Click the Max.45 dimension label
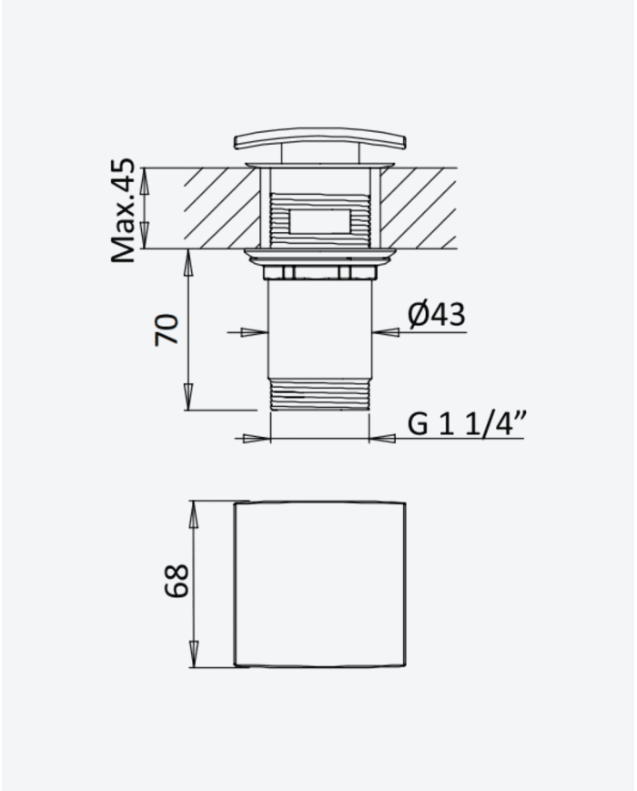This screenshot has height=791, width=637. [x=124, y=210]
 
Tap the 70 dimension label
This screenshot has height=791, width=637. [x=167, y=329]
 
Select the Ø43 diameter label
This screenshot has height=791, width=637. [x=437, y=315]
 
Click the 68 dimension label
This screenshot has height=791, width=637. [x=177, y=581]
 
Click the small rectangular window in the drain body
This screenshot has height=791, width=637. [x=319, y=220]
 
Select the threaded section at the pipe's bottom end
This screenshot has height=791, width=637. [x=320, y=393]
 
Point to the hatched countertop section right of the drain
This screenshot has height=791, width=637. [x=419, y=208]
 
